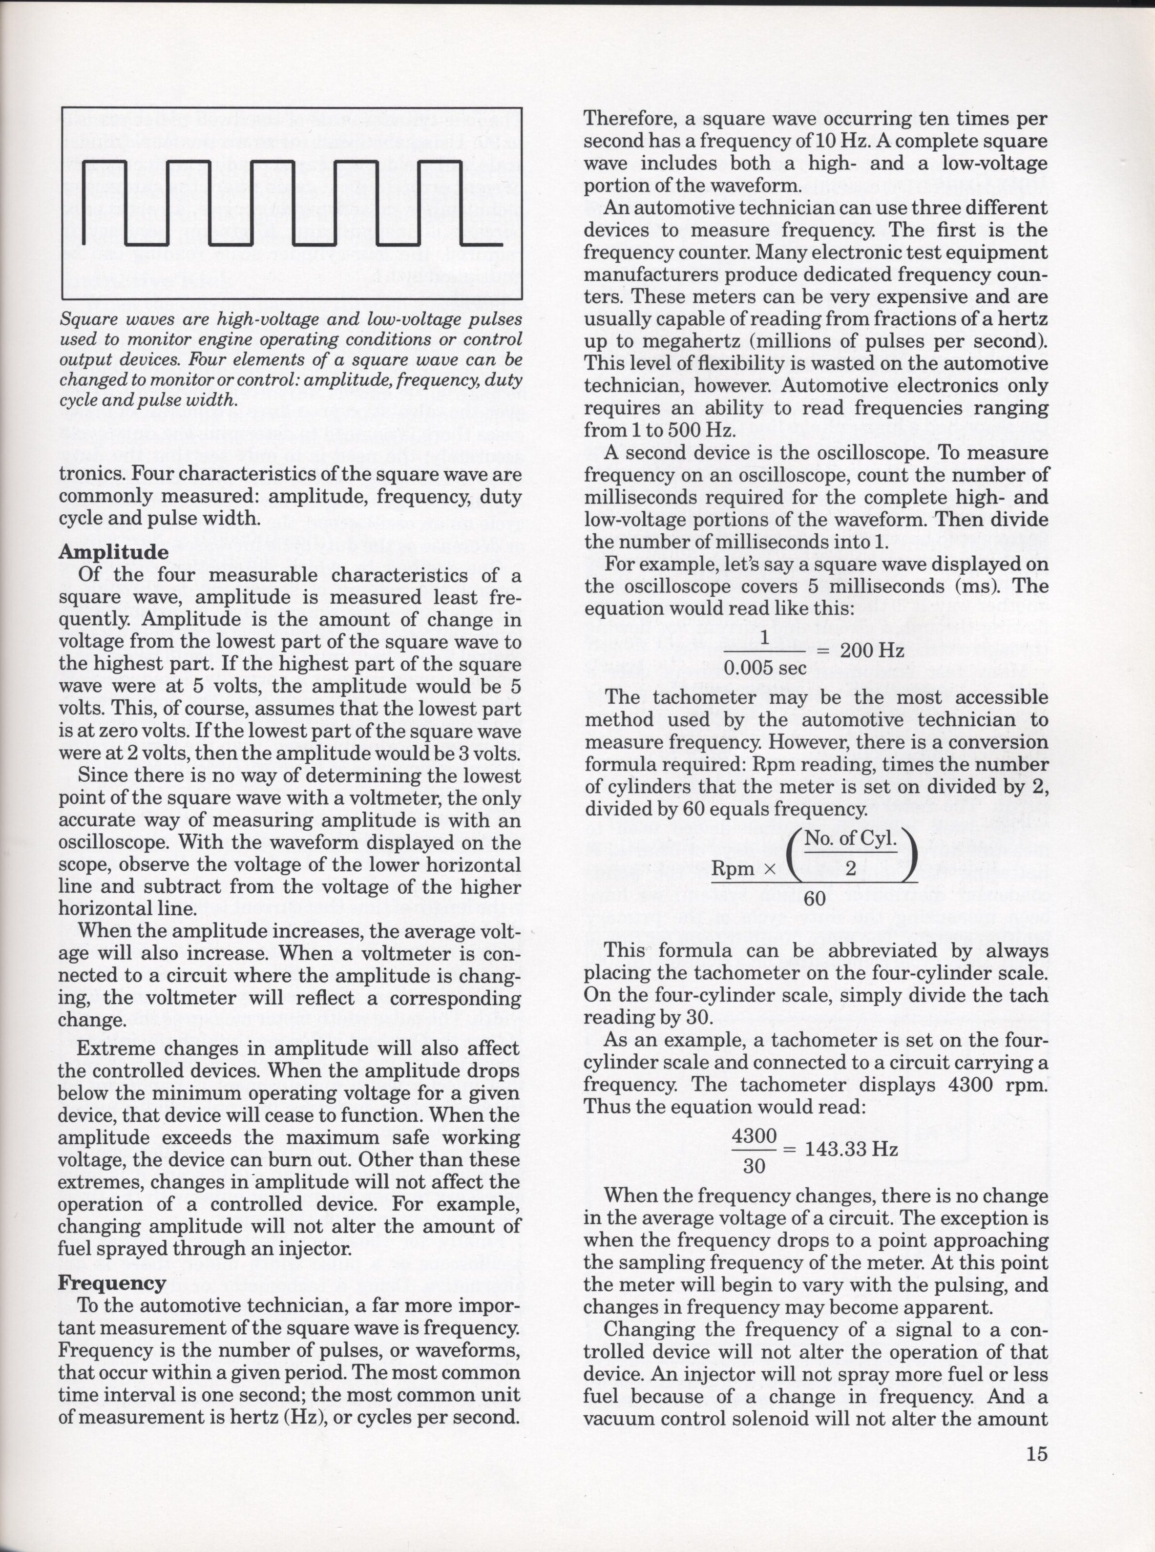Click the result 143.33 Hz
pos(852,1149)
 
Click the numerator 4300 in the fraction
pos(754,1137)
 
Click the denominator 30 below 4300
pos(754,1166)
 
